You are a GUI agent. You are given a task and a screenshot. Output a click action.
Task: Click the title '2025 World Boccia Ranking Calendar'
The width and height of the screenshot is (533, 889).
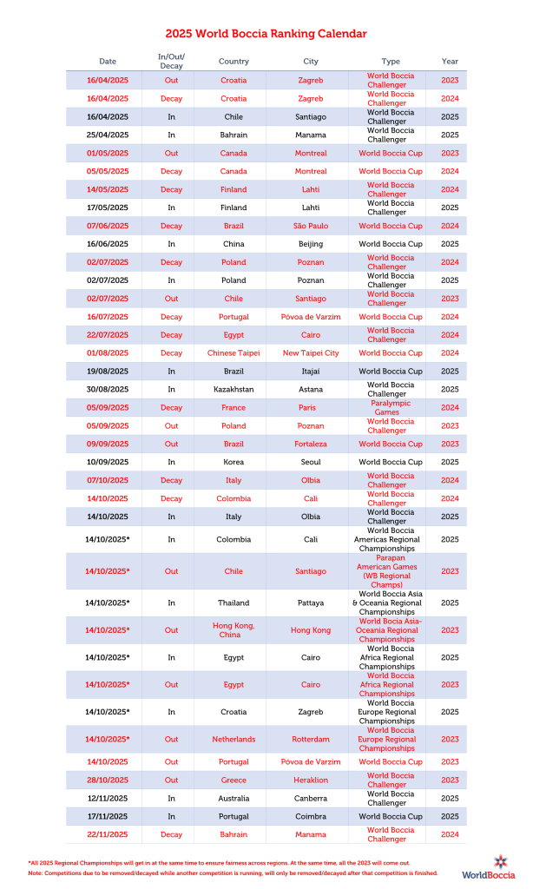(x=266, y=34)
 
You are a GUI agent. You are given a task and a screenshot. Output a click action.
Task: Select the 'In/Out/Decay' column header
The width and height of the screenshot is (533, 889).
(x=171, y=62)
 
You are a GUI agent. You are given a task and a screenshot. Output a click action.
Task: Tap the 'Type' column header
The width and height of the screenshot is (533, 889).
(x=391, y=62)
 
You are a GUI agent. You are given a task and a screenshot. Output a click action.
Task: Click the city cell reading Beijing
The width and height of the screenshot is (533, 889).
(x=311, y=244)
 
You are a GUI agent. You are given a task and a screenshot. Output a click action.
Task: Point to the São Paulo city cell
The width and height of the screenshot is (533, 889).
(x=311, y=226)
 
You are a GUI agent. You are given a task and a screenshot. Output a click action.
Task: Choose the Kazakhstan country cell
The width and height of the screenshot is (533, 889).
(x=234, y=389)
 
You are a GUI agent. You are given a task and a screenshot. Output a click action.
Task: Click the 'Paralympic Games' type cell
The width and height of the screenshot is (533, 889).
(x=391, y=407)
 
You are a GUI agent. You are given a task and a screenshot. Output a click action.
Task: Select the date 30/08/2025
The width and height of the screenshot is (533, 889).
(x=108, y=389)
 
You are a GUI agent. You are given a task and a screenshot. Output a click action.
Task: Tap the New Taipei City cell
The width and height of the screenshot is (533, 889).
(x=311, y=353)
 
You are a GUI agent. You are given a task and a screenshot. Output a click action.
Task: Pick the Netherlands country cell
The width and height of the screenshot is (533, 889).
(x=234, y=739)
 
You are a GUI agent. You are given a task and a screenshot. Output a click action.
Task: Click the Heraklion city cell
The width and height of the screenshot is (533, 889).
(x=311, y=780)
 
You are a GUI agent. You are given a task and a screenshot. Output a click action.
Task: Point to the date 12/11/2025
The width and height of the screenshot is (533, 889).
(x=108, y=798)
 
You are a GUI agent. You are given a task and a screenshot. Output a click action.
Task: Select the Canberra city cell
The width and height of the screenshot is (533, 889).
(x=311, y=798)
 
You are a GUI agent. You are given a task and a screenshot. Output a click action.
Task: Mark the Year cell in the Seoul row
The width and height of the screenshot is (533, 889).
(x=450, y=462)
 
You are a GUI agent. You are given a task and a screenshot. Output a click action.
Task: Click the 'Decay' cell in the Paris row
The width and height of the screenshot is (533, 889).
(x=171, y=407)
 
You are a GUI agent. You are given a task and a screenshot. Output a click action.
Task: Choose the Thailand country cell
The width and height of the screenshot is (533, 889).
(x=234, y=603)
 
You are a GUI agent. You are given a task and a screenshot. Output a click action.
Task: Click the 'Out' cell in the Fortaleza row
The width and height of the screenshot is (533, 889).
(x=171, y=444)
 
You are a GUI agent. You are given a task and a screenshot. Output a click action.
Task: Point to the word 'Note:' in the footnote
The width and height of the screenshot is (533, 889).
(x=36, y=873)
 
